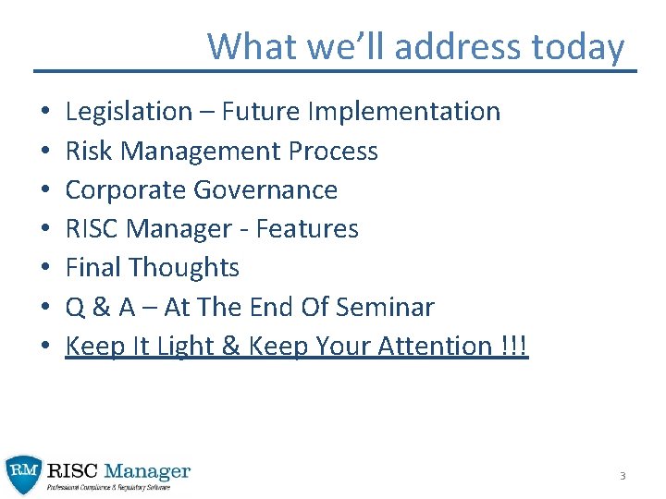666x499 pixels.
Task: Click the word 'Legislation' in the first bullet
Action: pyautogui.click(x=128, y=112)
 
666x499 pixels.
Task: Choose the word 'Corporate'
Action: pyautogui.click(x=126, y=189)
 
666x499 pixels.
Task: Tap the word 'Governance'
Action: pyautogui.click(x=265, y=189)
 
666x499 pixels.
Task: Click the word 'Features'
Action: pyautogui.click(x=307, y=228)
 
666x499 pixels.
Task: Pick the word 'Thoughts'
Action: pyautogui.click(x=184, y=267)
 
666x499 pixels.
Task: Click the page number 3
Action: pyautogui.click(x=623, y=476)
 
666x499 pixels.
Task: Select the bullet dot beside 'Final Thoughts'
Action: pyautogui.click(x=44, y=268)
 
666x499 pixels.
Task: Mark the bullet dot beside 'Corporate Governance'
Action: pyautogui.click(x=44, y=190)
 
